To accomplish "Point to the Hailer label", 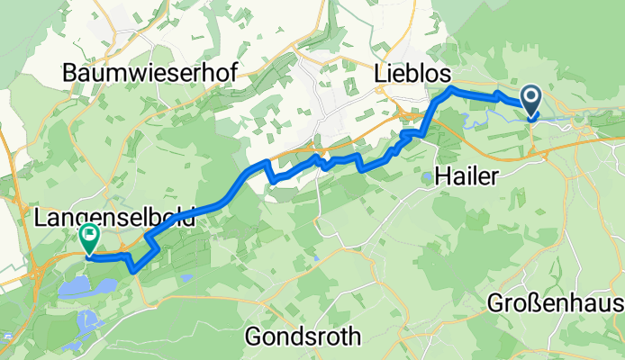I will coord(466,177).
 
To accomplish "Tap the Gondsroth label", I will coord(304,337).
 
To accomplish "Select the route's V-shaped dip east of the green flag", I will coord(134,266).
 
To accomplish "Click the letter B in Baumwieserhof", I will coord(70,76).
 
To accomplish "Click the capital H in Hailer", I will coord(441,177).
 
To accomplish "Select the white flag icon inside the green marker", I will coord(90,236).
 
